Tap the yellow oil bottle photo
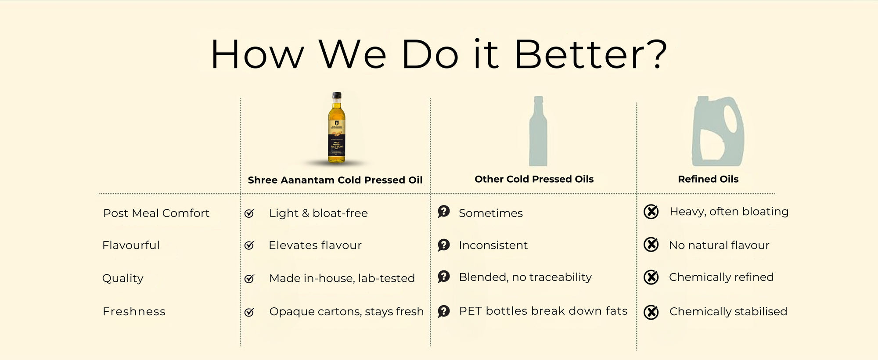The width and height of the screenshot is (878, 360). (x=337, y=128)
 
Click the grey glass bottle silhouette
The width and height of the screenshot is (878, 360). (x=538, y=132)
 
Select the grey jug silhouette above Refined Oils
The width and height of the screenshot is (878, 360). (x=717, y=132)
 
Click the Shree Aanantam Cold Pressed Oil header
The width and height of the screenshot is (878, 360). (x=335, y=180)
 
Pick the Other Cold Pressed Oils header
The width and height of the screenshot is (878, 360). (x=534, y=179)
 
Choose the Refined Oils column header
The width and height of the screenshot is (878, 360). (x=708, y=179)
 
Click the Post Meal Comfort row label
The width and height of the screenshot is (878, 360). (x=156, y=213)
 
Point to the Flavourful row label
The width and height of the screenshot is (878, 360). (x=131, y=245)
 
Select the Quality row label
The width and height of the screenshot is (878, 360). (x=123, y=278)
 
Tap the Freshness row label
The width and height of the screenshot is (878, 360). (x=134, y=312)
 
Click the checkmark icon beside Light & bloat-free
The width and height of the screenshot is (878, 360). (x=249, y=213)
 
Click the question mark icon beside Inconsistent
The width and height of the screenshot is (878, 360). (x=443, y=245)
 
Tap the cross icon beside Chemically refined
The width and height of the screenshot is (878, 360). (x=651, y=277)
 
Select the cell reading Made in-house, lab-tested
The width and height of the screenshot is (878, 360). (x=342, y=278)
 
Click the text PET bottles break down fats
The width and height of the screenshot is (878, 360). (x=543, y=311)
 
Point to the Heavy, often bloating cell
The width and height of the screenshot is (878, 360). (x=729, y=212)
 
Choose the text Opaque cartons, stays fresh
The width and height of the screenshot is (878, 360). (x=346, y=312)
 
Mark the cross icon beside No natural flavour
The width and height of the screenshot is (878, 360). (x=651, y=245)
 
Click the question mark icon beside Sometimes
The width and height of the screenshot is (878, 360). (x=443, y=212)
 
